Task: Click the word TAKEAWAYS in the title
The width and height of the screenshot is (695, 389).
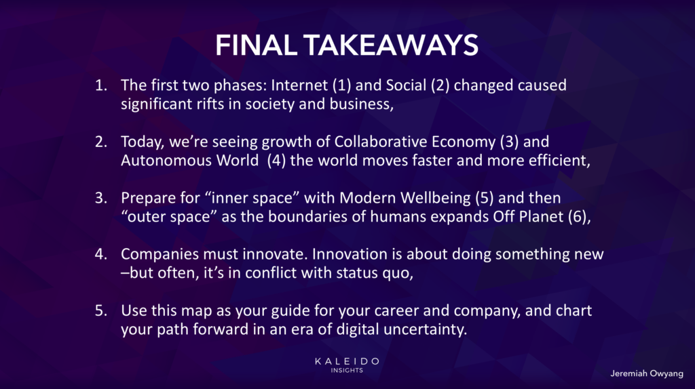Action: pyautogui.click(x=390, y=45)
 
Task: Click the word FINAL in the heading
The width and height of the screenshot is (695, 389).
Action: pyautogui.click(x=256, y=45)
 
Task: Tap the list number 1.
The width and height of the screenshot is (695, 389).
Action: pyautogui.click(x=101, y=85)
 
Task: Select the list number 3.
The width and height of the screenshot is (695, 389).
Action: pyautogui.click(x=101, y=198)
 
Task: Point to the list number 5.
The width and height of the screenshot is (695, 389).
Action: pyautogui.click(x=101, y=310)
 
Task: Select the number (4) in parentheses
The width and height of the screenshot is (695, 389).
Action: pyautogui.click(x=276, y=160)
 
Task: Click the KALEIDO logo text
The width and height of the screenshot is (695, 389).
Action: pyautogui.click(x=347, y=361)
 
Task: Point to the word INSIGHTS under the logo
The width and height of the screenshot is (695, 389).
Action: pyautogui.click(x=347, y=371)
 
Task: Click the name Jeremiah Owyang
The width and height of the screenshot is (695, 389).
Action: pyautogui.click(x=647, y=373)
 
